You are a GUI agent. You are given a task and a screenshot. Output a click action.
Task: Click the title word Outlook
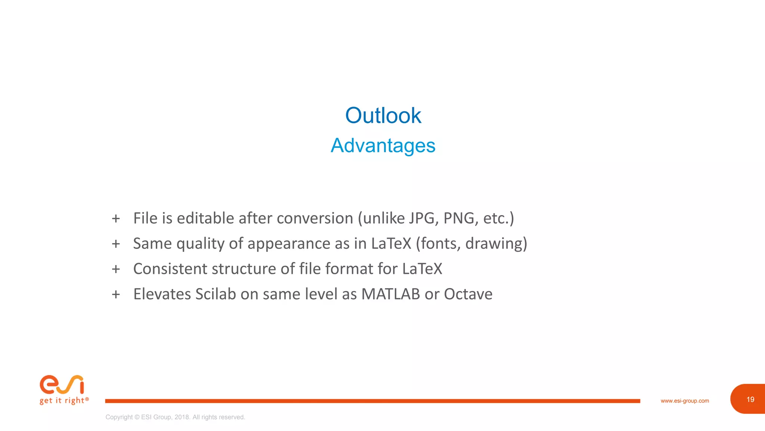pyautogui.click(x=383, y=115)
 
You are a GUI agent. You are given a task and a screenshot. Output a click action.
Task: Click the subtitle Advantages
pyautogui.click(x=383, y=146)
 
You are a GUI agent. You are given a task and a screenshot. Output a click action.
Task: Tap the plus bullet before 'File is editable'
pyautogui.click(x=116, y=218)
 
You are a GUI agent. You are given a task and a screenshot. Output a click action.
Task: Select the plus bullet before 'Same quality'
pyautogui.click(x=116, y=244)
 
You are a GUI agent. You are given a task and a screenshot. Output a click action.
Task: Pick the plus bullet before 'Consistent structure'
pyautogui.click(x=116, y=269)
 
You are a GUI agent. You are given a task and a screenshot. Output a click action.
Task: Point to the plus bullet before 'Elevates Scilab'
pyautogui.click(x=116, y=294)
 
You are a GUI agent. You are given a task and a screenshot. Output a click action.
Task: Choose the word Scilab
pyautogui.click(x=216, y=294)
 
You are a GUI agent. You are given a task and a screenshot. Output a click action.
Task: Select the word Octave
pyautogui.click(x=468, y=294)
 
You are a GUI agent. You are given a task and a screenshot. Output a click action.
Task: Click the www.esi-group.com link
pyautogui.click(x=685, y=401)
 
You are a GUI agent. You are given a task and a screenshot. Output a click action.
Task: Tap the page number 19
pyautogui.click(x=750, y=400)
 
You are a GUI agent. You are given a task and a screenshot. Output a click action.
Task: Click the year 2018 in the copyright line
pyautogui.click(x=182, y=417)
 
